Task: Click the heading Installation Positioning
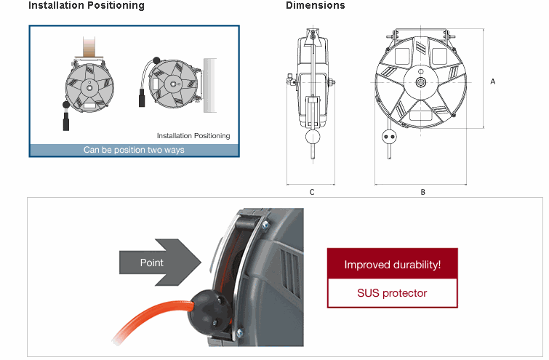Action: coord(87,6)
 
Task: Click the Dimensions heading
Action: coord(315,6)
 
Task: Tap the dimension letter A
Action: coord(493,81)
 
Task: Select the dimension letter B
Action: coord(422,193)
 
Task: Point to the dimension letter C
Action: coord(311,193)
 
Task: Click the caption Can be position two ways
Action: coord(134,151)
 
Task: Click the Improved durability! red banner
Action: coord(392,265)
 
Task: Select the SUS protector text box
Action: coord(392,293)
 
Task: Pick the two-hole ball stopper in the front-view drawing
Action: coord(388,135)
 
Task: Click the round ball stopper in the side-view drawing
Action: coord(313,137)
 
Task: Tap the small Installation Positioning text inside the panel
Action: coord(193,136)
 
